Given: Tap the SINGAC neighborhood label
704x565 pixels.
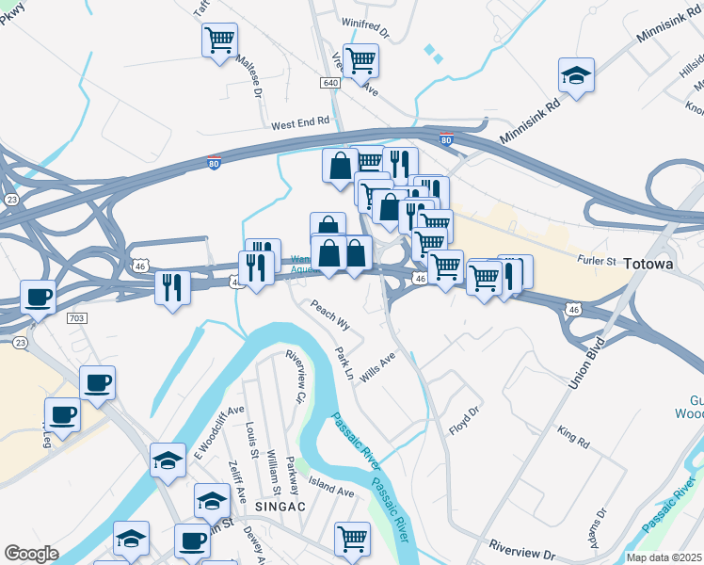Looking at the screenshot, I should pos(277,507).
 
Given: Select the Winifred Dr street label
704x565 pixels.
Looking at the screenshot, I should pos(365,32).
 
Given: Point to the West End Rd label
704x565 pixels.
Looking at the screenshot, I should pos(300,122).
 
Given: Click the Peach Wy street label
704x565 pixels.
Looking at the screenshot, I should pos(330,315).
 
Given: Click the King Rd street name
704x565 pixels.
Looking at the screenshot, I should pos(572,437).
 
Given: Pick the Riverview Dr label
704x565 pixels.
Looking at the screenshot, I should pos(522,546).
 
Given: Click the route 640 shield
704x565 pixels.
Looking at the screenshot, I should pos(329,83).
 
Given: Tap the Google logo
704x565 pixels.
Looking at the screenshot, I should pos(31,553).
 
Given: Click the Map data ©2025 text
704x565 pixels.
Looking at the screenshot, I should pos(664,557).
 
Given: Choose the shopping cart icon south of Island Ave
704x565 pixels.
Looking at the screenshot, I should pos(352,539).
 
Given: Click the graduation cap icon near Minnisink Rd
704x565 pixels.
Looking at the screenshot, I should pos(576,73).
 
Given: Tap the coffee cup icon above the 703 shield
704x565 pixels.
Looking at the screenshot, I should pos(39,296).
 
